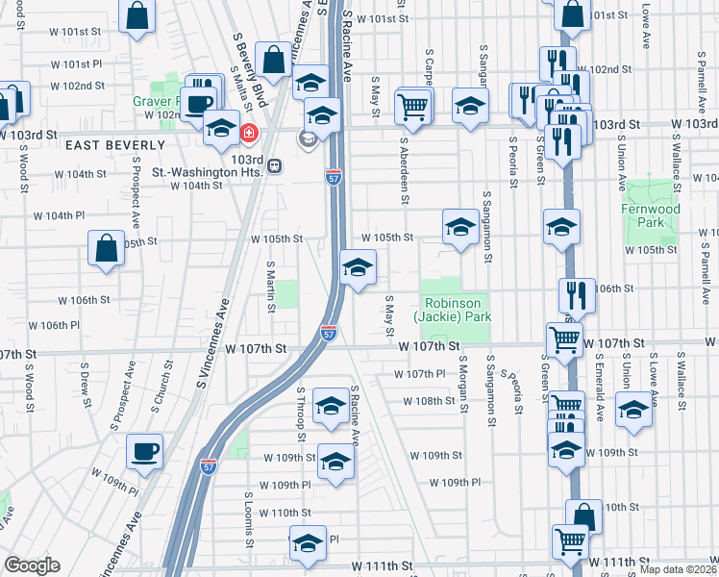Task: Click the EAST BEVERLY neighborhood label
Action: (x=102, y=144)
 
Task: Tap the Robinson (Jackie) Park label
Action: (x=453, y=308)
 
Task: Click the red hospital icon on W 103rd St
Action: (x=249, y=133)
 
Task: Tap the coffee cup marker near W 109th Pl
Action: (x=144, y=451)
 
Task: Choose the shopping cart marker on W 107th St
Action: (x=563, y=339)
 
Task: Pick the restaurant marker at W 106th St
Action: (x=577, y=293)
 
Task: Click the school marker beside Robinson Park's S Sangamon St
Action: (x=460, y=228)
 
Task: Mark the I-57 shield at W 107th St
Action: (x=328, y=334)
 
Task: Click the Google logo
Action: (x=32, y=564)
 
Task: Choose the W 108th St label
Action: (x=428, y=401)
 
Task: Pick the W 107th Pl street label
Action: (x=420, y=373)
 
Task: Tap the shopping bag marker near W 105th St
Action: (x=106, y=247)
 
